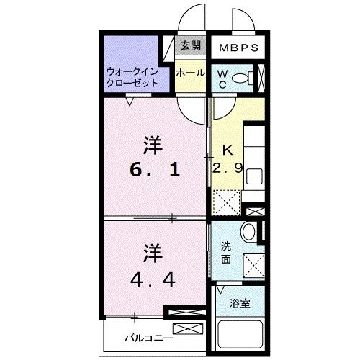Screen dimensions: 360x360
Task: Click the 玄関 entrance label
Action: pyautogui.click(x=189, y=48)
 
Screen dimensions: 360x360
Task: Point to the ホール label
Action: pyautogui.click(x=190, y=73)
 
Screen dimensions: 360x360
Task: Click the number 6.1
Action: pyautogui.click(x=156, y=172)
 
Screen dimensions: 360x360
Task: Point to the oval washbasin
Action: pyautogui.click(x=247, y=232)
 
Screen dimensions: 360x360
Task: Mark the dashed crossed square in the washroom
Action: pyautogui.click(x=254, y=264)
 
